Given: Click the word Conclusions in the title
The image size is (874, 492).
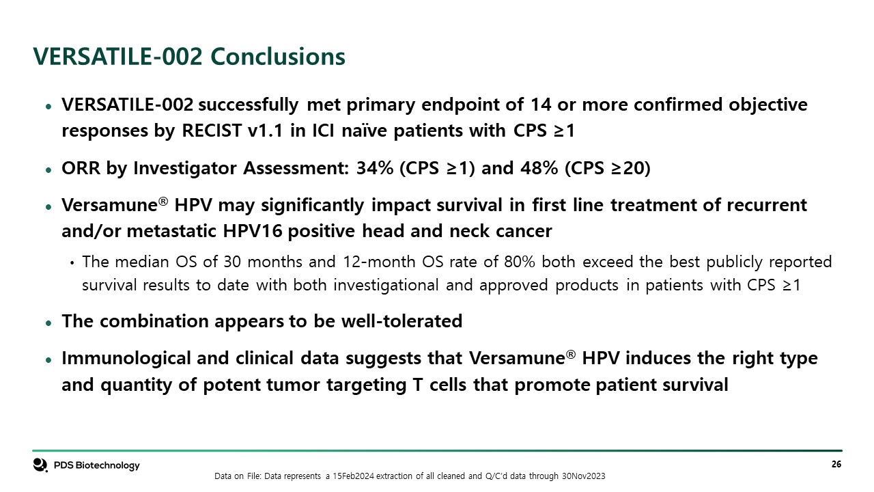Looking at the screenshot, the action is point(278,56).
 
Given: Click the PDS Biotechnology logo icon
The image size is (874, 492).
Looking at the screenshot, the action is point(40,465).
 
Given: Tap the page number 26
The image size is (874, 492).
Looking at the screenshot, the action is point(836,464).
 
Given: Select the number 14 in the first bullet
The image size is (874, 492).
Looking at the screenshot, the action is point(541,105).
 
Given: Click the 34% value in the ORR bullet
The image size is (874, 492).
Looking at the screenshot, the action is point(375,168).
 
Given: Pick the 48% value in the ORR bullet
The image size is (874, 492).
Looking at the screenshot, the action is point(539,168).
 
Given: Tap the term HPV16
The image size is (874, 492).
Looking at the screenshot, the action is point(253,231).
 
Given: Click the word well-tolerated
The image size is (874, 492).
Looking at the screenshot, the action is point(401,321).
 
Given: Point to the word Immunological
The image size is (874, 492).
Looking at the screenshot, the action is point(126,359).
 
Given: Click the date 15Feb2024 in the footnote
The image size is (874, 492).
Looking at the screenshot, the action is point(353,476).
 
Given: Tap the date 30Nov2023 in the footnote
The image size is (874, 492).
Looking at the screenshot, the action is point(583,476).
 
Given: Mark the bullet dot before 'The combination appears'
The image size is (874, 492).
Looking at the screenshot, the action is point(48,323).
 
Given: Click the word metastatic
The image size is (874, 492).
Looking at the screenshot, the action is point(171,231).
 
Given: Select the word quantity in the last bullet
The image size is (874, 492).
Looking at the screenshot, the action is point(136,385).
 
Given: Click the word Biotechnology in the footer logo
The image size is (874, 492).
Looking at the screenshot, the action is point(107,465).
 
